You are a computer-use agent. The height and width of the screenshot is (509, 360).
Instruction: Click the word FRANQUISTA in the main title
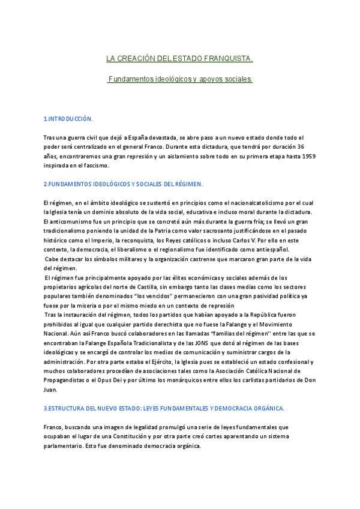[x=227, y=59]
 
